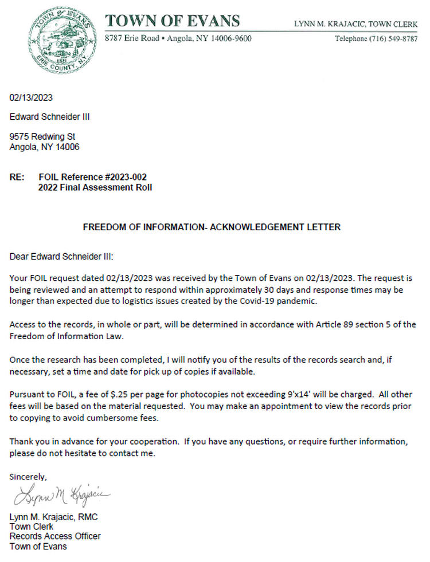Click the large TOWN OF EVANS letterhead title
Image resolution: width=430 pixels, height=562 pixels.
pos(172,21)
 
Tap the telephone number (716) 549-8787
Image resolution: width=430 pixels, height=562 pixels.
pos(388,39)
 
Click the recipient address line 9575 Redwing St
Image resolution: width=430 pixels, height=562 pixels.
pos(42,137)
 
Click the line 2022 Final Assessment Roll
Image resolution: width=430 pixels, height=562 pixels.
pos(95,187)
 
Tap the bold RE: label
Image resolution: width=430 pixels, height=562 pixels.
pos(17,177)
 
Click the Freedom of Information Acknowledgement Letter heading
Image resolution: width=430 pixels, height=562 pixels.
pos(212,227)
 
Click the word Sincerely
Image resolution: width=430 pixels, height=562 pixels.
pos(28,477)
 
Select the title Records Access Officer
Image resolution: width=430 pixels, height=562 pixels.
pos(55,536)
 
